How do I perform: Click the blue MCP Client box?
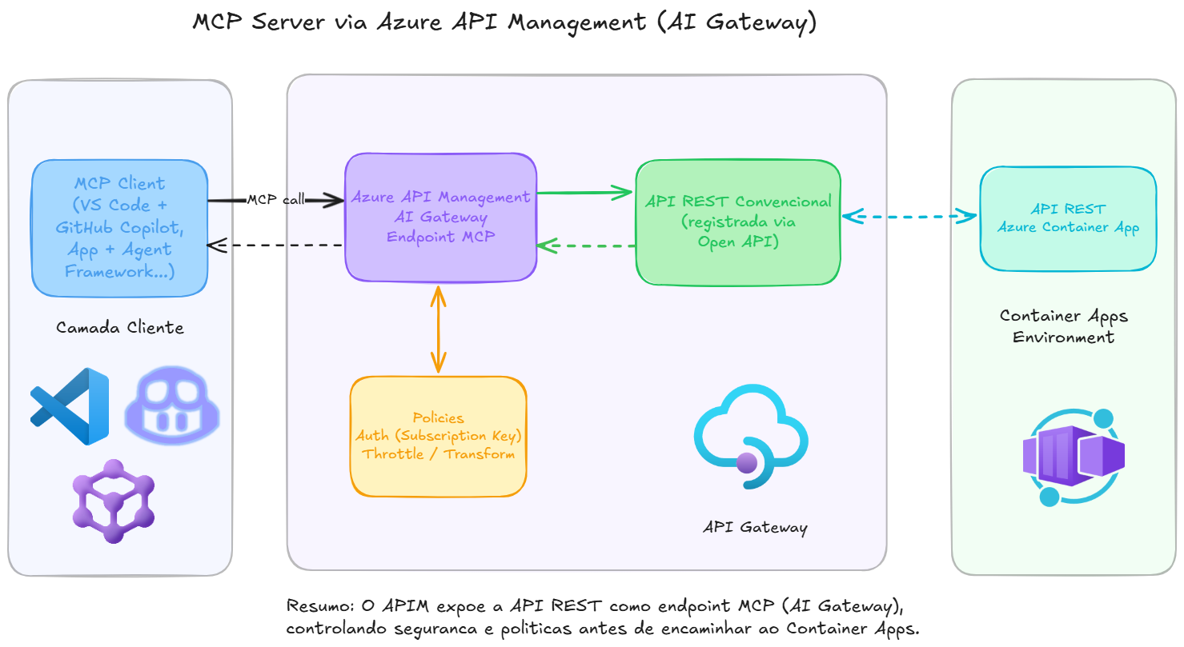[120, 228]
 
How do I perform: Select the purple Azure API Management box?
[440, 217]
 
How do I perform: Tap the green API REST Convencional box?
[737, 222]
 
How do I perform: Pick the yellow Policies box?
[438, 437]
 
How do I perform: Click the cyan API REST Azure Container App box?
[1068, 218]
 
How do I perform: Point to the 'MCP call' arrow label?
[275, 200]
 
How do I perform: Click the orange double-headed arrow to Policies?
[437, 329]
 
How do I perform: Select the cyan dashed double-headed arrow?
[910, 215]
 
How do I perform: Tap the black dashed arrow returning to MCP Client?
[276, 246]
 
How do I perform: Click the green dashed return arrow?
[586, 246]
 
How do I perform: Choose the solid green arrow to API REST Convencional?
[585, 193]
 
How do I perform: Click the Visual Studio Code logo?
[70, 406]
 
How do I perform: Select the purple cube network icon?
[113, 501]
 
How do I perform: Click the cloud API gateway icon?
[751, 436]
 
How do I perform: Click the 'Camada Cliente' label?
[120, 328]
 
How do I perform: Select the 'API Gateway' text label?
[755, 528]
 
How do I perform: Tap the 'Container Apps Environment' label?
[1063, 326]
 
